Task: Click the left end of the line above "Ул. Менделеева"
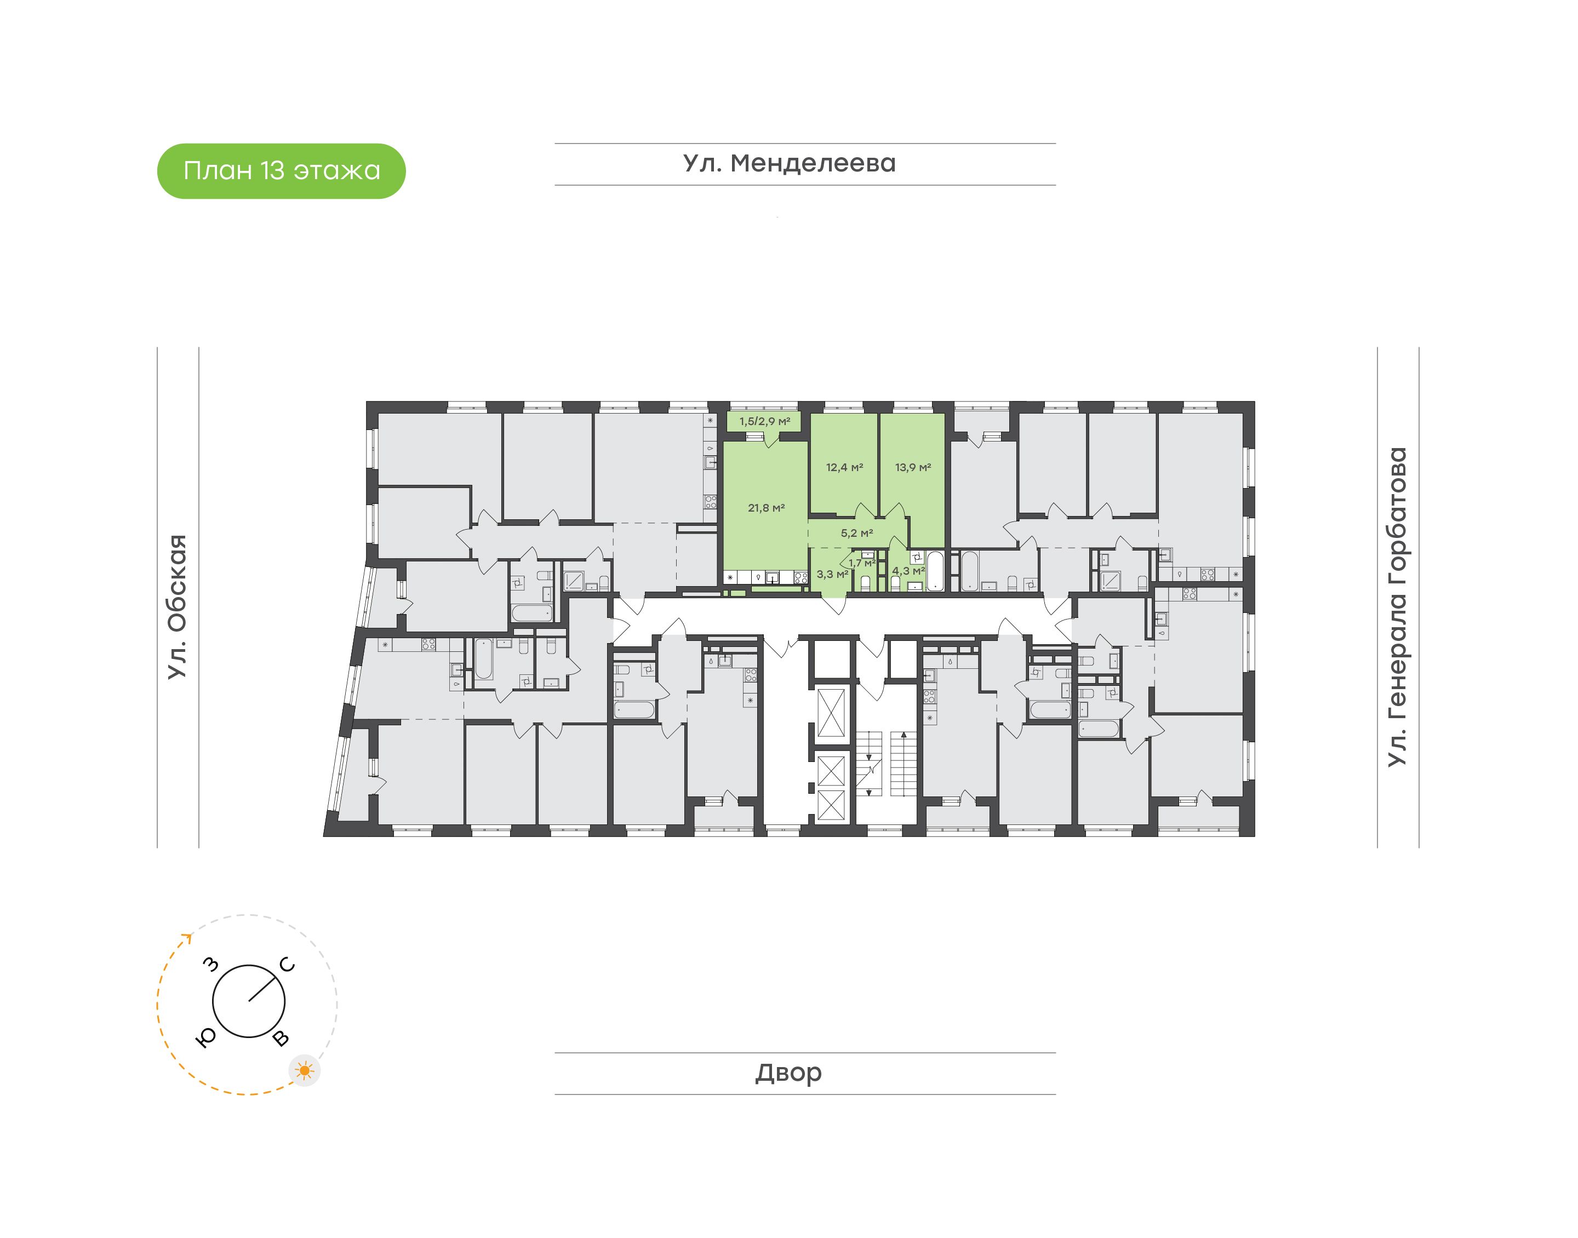click(x=555, y=144)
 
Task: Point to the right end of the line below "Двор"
click(x=1056, y=1094)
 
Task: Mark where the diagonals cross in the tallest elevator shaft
click(x=831, y=713)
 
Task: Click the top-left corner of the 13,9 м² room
click(x=881, y=414)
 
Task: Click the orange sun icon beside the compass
click(x=305, y=1070)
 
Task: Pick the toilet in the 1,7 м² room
click(x=865, y=583)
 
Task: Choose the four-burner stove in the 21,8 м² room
click(x=801, y=578)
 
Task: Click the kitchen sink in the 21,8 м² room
click(x=772, y=578)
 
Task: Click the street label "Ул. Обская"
click(x=177, y=607)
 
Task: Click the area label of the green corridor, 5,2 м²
click(x=857, y=533)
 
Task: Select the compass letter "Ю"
click(x=207, y=1038)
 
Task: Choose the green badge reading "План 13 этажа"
click(x=281, y=171)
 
